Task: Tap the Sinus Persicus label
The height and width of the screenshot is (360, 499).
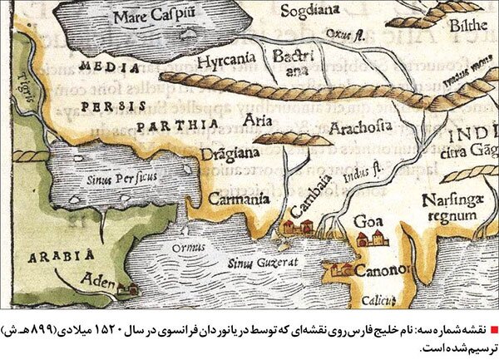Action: tap(111, 177)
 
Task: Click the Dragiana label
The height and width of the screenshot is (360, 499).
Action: tap(230, 153)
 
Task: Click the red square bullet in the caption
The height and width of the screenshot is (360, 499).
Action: tap(491, 331)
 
